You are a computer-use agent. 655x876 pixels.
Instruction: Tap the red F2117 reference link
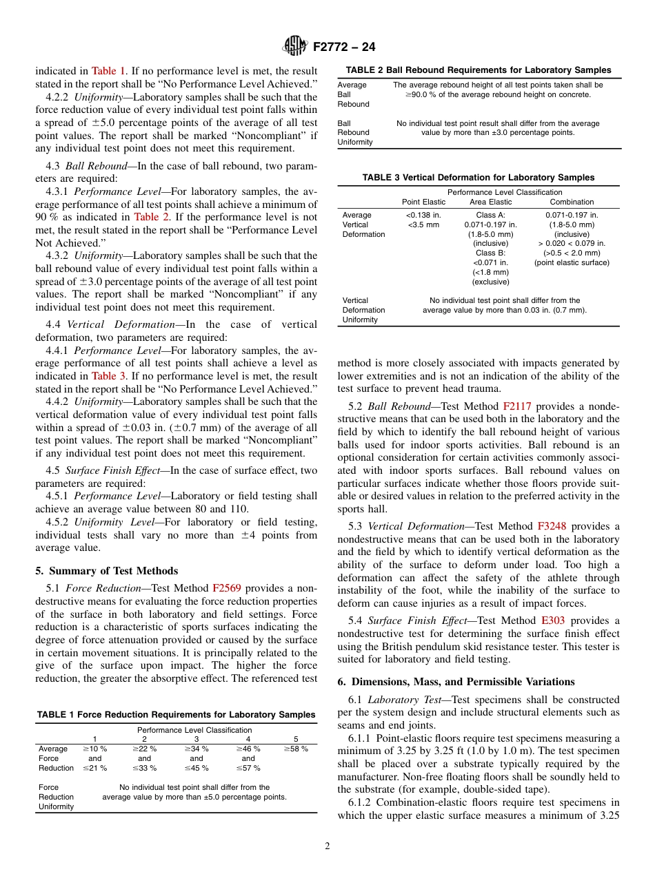pos(517,406)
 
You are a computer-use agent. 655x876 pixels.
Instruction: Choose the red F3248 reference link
pos(552,526)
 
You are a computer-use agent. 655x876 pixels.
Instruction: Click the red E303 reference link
pos(553,621)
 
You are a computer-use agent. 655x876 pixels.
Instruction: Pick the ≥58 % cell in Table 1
pos(296,749)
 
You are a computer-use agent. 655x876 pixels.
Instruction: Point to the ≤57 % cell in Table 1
pos(248,768)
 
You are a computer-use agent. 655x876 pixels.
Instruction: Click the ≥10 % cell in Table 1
pos(95,749)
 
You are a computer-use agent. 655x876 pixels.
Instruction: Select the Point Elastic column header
pos(424,202)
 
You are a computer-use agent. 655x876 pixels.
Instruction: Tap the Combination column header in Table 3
pos(572,202)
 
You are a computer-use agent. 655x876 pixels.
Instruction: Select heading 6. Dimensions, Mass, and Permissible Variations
pos(456,682)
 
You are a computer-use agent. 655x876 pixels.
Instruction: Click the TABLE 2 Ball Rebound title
pos(478,70)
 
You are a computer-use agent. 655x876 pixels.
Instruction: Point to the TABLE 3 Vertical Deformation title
pos(478,178)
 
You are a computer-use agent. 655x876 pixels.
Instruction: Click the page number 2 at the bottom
pos(327,846)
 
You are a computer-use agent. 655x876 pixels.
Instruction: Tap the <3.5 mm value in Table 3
pos(423,225)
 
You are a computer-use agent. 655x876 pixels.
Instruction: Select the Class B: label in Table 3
pos(491,253)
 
